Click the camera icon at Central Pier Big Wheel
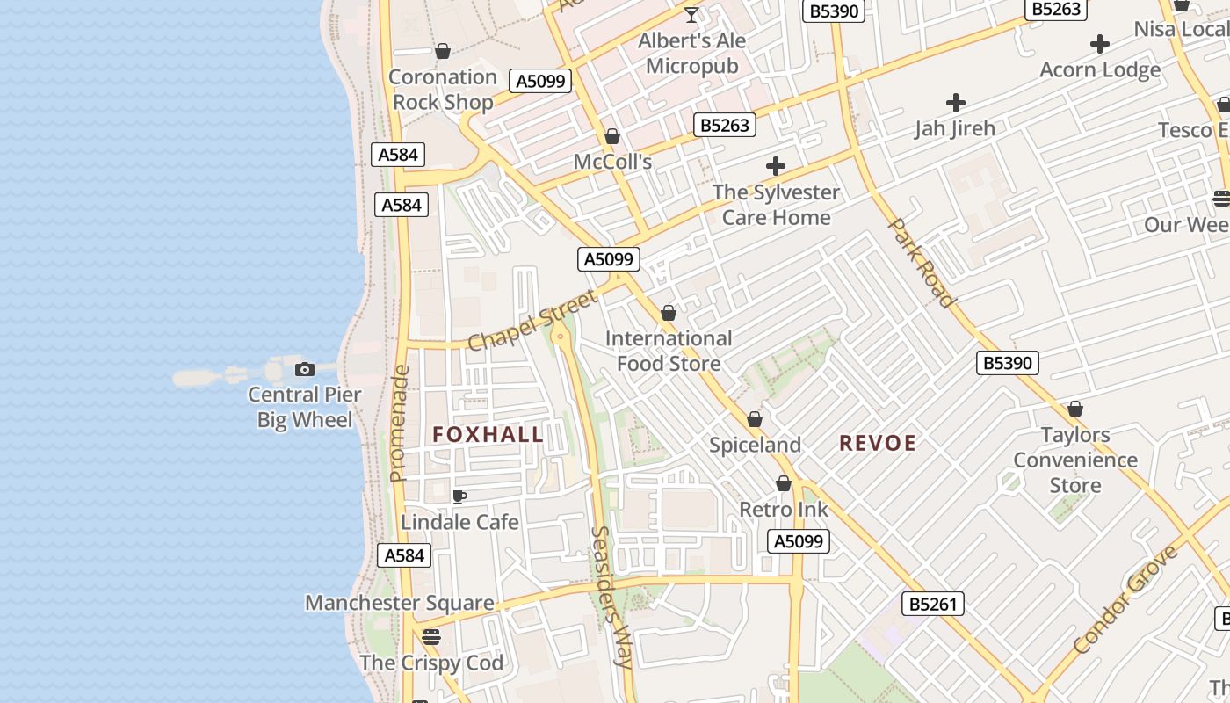(x=305, y=369)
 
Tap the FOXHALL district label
(x=488, y=434)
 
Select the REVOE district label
(x=878, y=443)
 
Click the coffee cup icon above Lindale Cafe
(x=459, y=496)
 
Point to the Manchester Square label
(x=399, y=603)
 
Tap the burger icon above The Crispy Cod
(x=430, y=636)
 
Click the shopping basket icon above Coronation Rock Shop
(x=443, y=51)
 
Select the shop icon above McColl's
(x=612, y=136)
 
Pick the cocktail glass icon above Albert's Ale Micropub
(x=691, y=15)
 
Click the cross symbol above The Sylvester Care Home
(x=776, y=165)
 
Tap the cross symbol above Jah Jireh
(x=955, y=103)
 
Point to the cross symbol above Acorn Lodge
(x=1099, y=44)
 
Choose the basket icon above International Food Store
(x=669, y=313)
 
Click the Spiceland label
(x=755, y=445)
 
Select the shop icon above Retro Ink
(x=784, y=483)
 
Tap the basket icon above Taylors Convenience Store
(x=1075, y=409)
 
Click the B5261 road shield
(x=933, y=604)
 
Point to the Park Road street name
(x=922, y=263)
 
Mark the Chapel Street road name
(x=532, y=318)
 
